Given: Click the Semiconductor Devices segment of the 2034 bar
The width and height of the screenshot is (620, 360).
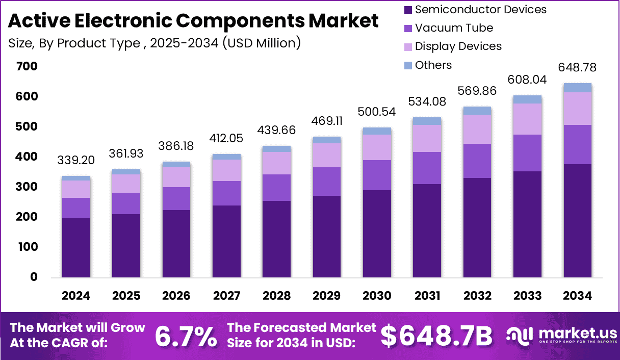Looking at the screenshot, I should click(577, 220).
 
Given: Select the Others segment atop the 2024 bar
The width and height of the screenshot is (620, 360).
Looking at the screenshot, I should click(76, 178).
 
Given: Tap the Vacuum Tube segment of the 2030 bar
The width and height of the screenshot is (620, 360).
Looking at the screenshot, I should click(377, 175).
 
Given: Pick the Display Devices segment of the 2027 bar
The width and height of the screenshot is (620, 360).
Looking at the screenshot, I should click(226, 170).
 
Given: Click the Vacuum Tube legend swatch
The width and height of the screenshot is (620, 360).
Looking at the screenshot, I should click(408, 28).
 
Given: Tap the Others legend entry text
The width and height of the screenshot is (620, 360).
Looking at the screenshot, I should click(433, 65).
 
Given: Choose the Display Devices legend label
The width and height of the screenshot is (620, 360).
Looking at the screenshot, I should click(458, 46).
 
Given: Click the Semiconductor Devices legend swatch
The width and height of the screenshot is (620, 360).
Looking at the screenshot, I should click(408, 10).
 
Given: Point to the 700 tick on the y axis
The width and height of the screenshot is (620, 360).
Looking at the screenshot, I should click(27, 66).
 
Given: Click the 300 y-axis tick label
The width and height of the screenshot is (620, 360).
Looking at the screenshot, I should click(27, 187).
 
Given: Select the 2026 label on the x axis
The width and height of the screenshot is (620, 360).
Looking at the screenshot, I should click(176, 296).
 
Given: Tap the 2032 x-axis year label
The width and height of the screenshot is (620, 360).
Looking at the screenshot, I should click(477, 296).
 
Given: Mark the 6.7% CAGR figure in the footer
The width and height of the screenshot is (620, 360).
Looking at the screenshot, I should click(186, 336).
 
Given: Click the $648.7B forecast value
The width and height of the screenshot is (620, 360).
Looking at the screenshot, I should click(436, 336).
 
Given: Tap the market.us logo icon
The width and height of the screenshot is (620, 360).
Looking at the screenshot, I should click(519, 335).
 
